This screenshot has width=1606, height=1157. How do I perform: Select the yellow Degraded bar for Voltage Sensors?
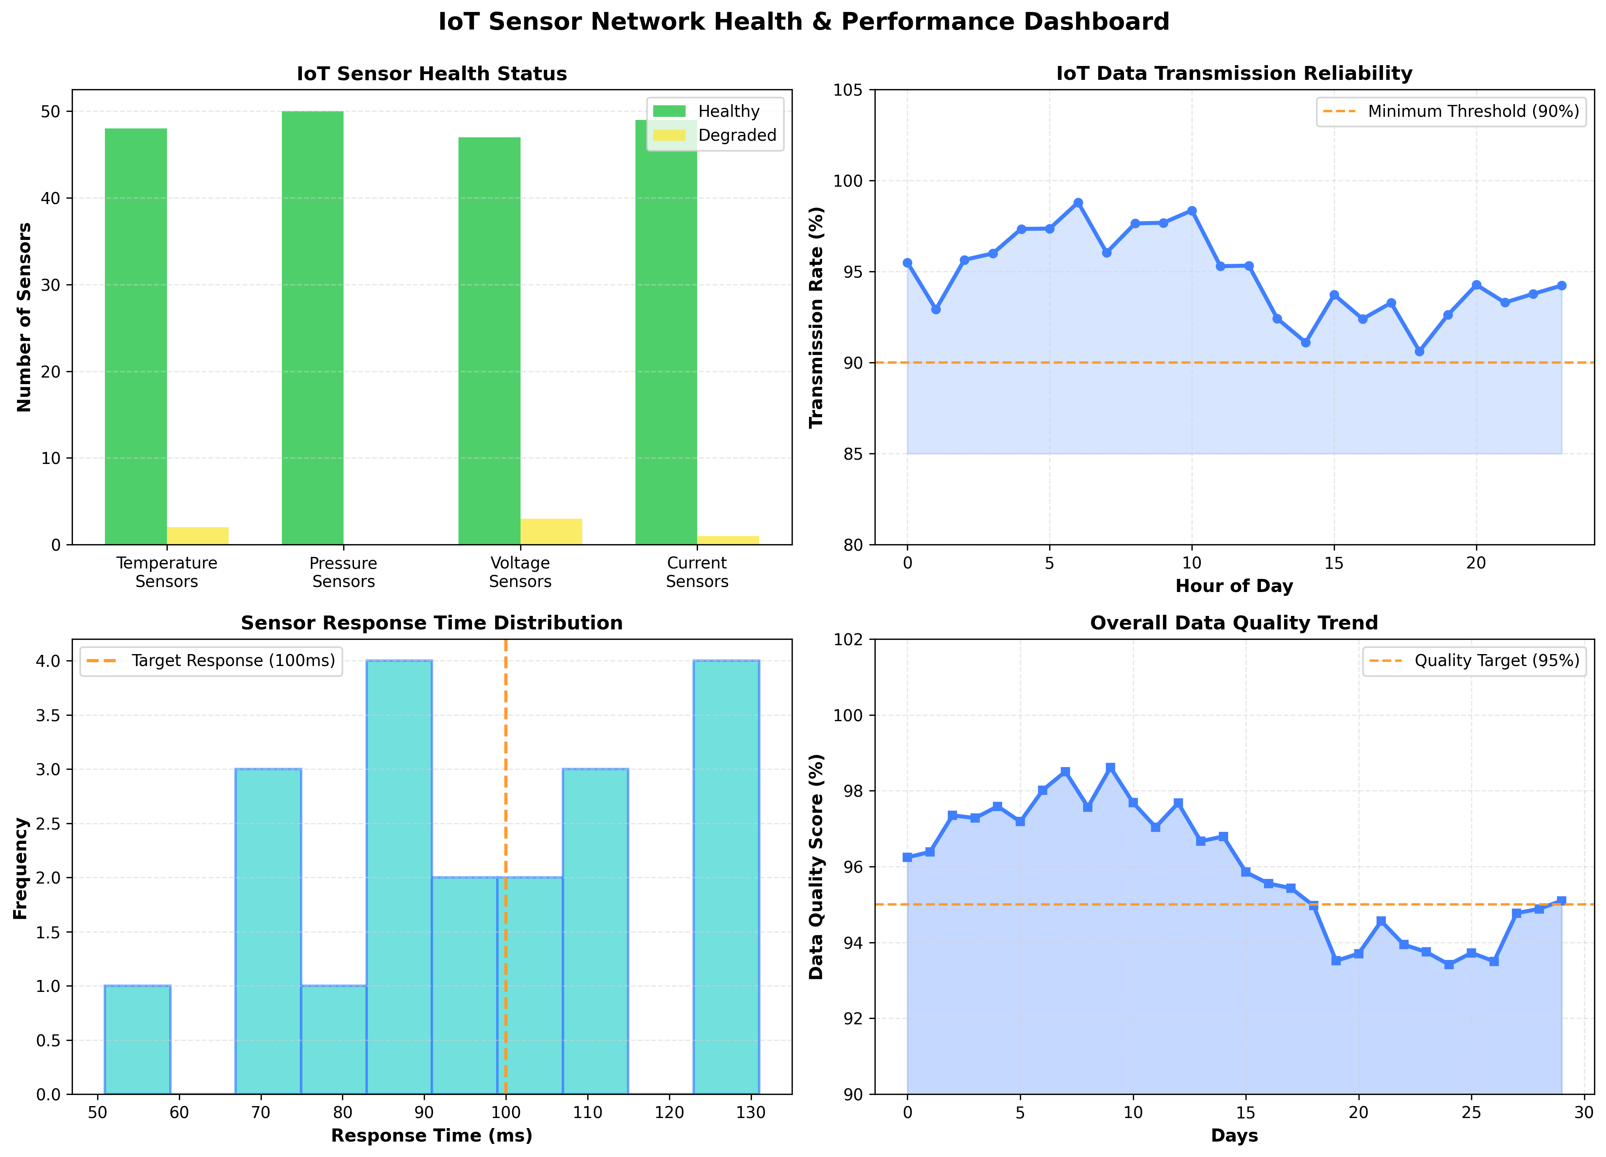tap(551, 532)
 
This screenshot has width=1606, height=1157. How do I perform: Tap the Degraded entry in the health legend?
tap(736, 135)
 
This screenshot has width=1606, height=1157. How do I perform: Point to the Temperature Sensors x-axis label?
tap(167, 572)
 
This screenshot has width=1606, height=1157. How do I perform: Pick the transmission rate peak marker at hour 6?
tap(1078, 202)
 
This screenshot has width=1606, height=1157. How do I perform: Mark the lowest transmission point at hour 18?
tap(1419, 351)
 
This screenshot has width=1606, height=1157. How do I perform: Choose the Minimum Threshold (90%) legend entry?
tap(1473, 111)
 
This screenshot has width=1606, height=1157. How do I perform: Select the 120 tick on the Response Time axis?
tap(669, 1112)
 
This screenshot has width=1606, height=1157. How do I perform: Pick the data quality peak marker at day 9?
tap(1111, 767)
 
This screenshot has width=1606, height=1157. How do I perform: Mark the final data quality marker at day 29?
tap(1561, 901)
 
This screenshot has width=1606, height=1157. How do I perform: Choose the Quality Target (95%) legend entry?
tap(1496, 661)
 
